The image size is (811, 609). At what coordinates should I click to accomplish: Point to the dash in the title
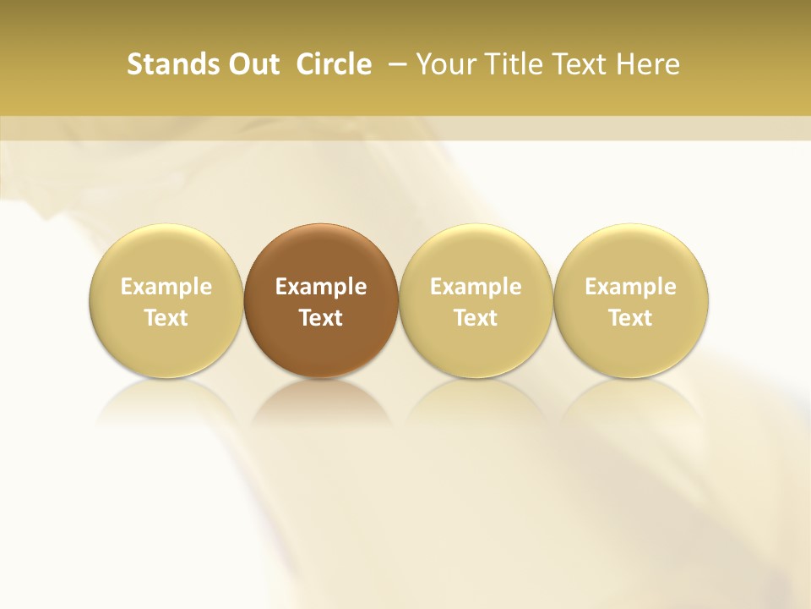395,64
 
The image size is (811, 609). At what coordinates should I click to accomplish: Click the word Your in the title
443,64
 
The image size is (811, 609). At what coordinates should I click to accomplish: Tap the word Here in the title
646,64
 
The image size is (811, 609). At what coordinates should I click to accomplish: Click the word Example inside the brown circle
321,287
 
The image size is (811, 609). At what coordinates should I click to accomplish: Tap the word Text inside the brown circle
321,318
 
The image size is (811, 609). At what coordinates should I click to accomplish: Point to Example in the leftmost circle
166,287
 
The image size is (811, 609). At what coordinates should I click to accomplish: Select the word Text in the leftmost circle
166,318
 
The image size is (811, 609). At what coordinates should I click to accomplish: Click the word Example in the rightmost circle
630,287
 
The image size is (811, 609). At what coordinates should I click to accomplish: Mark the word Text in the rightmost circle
630,318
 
